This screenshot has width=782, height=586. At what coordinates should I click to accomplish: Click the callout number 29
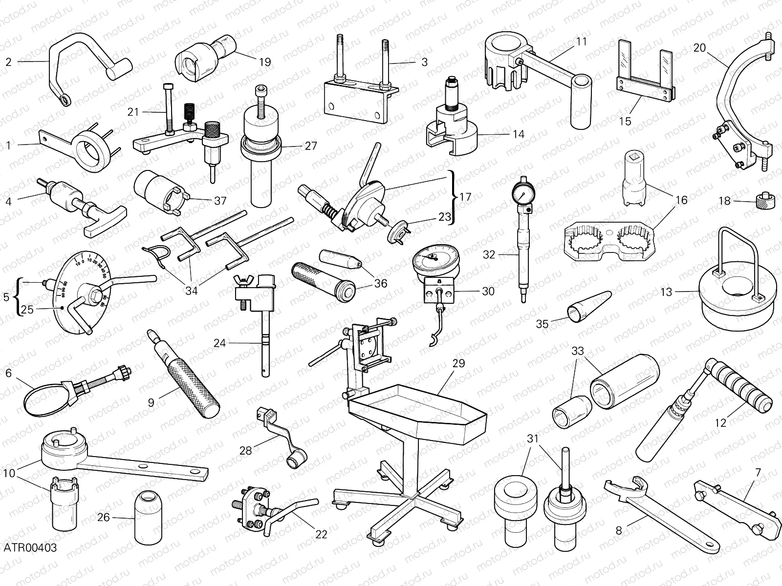pyautogui.click(x=458, y=363)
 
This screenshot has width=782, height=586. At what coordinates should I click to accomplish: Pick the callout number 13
pyautogui.click(x=666, y=292)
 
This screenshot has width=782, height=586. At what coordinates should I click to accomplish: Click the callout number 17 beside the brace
pyautogui.click(x=465, y=197)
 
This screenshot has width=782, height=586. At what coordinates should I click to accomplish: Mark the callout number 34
pyautogui.click(x=191, y=291)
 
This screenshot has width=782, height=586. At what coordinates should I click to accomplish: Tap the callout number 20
pyautogui.click(x=699, y=47)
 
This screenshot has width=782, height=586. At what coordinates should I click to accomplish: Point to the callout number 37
pyautogui.click(x=220, y=200)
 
